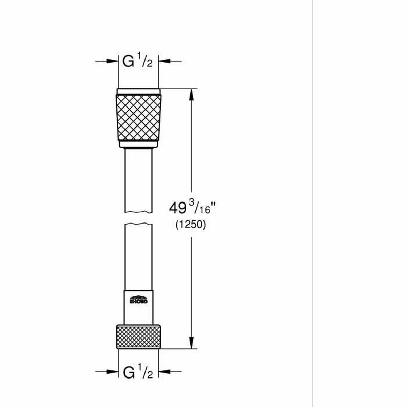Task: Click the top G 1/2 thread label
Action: coord(137,62)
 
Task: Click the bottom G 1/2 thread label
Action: coord(138,372)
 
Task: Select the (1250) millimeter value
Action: coord(191,225)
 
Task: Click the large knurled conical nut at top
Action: coord(138,117)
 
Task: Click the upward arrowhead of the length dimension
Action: coord(191,95)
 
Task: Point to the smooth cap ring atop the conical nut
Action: coord(138,91)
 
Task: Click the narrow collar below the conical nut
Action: coord(138,145)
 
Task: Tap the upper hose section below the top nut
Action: coord(138,180)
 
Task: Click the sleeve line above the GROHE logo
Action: coord(138,291)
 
